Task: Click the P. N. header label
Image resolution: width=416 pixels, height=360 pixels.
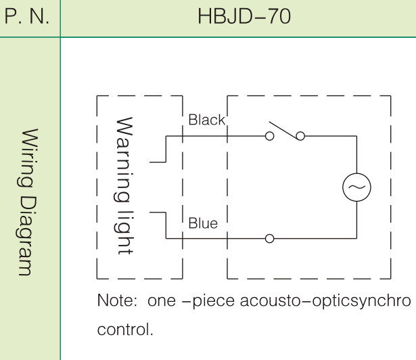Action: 27,16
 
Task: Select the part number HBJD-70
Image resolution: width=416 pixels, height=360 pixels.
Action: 244,16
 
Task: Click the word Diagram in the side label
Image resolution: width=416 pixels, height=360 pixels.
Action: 27,236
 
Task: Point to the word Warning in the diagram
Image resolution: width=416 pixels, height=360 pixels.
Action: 123,159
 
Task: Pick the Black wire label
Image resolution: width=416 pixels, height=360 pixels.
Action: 207,120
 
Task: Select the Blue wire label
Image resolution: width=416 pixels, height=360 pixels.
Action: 203,223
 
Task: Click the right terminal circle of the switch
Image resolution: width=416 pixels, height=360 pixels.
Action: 300,132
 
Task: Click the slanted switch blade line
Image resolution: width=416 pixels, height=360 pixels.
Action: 283,131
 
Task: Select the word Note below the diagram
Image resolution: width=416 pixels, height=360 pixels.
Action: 117,300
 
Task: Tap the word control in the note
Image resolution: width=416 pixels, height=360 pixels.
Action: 125,329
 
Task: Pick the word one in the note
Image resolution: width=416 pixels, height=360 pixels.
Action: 162,302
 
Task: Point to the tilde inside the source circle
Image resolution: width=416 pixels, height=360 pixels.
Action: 356,187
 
